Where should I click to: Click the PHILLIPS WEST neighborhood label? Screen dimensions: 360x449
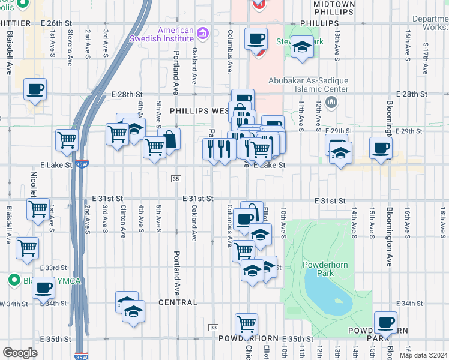199,111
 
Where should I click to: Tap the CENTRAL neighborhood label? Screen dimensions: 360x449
178,302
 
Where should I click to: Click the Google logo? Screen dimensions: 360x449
20,352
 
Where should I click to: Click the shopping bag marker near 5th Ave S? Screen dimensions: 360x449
170,140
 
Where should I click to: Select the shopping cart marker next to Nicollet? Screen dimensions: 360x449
38,210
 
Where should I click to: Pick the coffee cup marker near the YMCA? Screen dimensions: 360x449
43,289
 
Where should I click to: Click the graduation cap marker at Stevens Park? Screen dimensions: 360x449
302,46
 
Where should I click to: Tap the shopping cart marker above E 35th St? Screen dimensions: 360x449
247,325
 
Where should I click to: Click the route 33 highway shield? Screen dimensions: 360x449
213,327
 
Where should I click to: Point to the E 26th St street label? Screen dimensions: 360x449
56,23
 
